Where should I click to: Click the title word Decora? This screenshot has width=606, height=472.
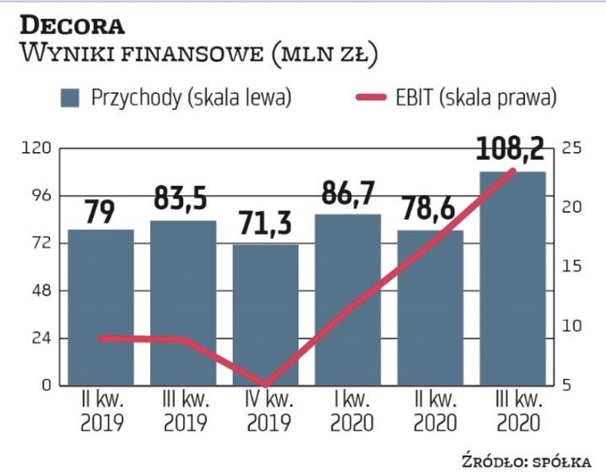click(72, 24)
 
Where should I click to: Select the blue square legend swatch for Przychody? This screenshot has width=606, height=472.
click(72, 98)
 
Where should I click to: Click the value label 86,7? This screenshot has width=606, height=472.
click(348, 193)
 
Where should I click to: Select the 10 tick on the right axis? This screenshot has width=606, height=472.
click(571, 326)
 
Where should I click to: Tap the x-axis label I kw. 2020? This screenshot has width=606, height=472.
click(348, 411)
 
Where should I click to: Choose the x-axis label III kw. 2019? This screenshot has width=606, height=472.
click(183, 411)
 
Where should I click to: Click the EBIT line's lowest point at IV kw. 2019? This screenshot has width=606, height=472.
click(266, 384)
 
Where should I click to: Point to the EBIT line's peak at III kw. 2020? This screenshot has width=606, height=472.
click(513, 170)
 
